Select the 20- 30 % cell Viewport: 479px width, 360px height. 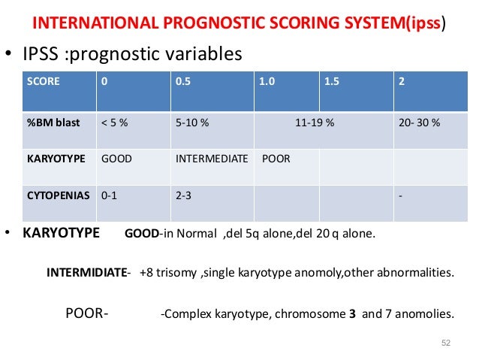pos(420,123)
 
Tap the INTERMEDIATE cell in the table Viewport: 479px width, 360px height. pos(212,159)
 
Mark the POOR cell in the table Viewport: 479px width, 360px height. pos(277,159)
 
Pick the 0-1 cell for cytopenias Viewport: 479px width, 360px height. pos(109,195)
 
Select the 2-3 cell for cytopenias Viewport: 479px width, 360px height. pos(183,195)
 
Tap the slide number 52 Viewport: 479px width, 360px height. pos(446,343)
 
